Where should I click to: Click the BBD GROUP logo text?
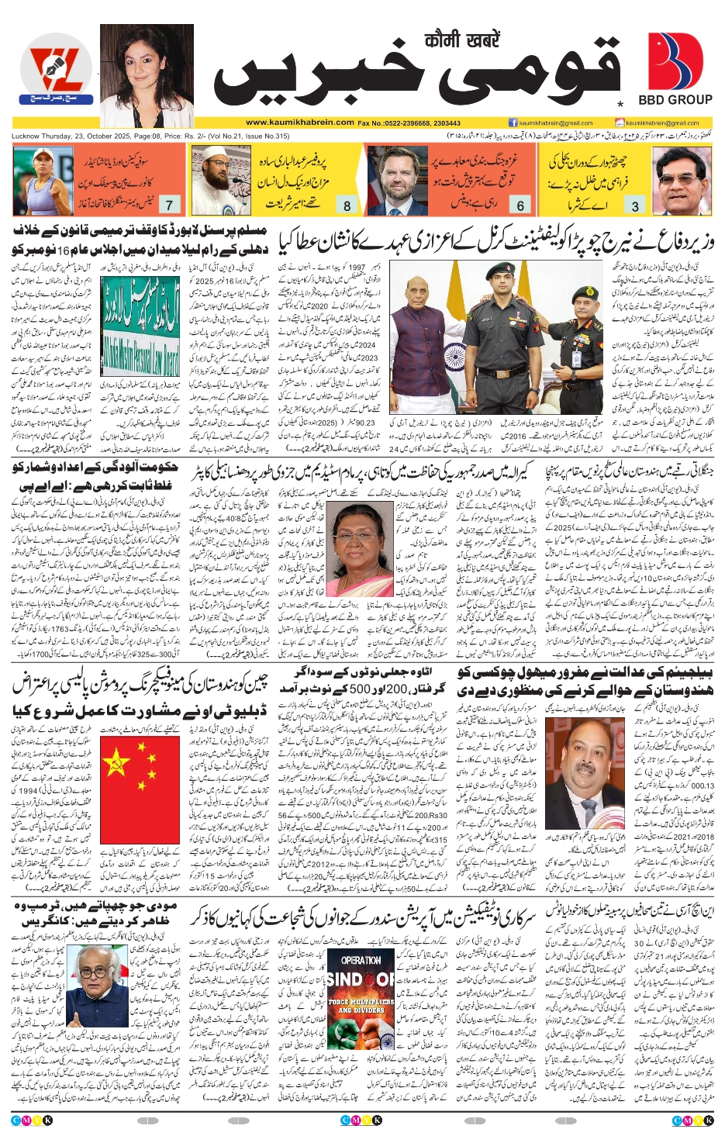[x=675, y=99]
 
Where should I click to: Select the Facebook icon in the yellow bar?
[x=513, y=123]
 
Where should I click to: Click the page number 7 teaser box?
[x=169, y=205]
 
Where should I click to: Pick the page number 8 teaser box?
[x=347, y=205]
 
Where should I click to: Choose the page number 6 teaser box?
[x=520, y=205]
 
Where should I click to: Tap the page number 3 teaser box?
[x=635, y=205]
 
